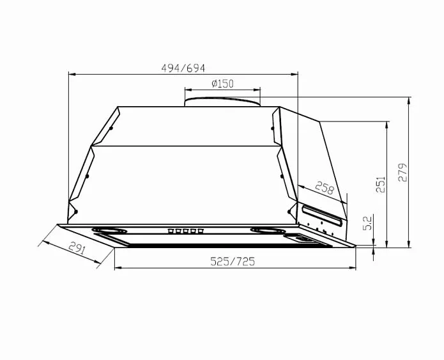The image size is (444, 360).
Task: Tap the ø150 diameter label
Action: (x=222, y=84)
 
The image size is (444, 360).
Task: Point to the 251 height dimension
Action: (x=381, y=184)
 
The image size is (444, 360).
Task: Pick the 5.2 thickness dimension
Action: (x=367, y=223)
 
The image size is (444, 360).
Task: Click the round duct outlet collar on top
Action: (x=222, y=100)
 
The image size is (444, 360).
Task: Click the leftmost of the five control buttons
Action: (x=171, y=231)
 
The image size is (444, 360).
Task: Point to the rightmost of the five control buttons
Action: (x=201, y=231)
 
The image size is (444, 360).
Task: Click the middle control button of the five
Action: (x=186, y=231)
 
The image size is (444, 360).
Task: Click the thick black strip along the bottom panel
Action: (x=204, y=244)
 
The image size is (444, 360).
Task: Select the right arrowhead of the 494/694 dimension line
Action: (x=295, y=74)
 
